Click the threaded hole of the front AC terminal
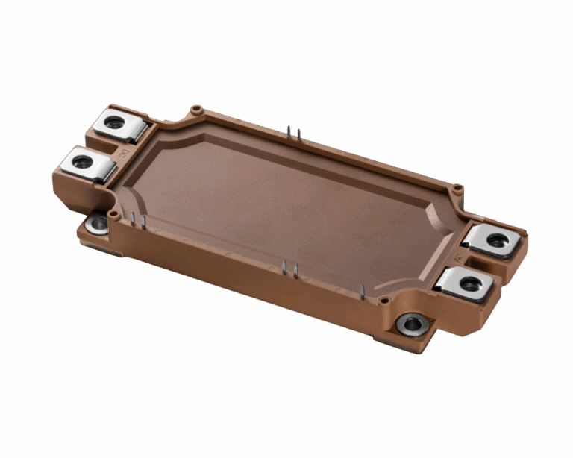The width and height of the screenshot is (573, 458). point(469,283)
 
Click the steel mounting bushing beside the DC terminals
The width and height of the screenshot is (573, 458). point(96,223)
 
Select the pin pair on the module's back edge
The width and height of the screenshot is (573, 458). point(294,133)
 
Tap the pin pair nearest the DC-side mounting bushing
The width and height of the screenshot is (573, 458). point(138,220)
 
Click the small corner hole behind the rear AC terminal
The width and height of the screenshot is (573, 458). point(458,188)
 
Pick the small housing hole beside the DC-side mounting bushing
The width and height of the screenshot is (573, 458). point(114,214)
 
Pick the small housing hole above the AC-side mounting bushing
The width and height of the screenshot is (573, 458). point(383,301)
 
